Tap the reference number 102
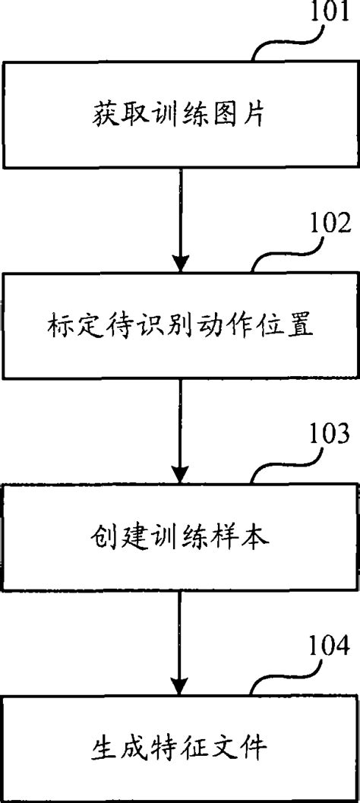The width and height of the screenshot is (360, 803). click(x=330, y=225)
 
